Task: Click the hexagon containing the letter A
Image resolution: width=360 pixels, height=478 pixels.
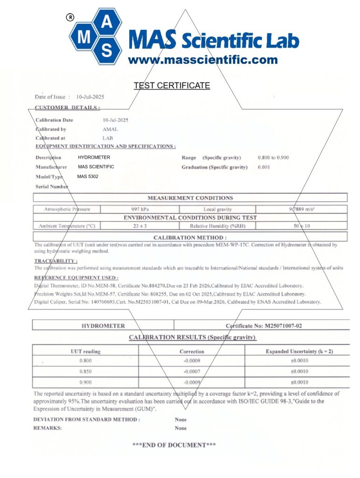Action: click(107, 21)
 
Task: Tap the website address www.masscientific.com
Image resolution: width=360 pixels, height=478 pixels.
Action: click(203, 60)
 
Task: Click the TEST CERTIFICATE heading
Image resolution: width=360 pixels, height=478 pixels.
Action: click(172, 86)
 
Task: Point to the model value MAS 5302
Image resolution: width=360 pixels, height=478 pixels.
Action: click(88, 176)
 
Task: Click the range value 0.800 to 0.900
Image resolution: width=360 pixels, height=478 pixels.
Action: click(273, 158)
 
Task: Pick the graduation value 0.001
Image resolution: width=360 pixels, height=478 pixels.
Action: click(264, 167)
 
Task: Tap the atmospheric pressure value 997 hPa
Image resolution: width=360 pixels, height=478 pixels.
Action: click(139, 209)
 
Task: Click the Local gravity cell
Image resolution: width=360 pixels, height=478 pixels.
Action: click(217, 209)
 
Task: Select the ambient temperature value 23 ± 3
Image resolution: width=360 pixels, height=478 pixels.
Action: click(139, 226)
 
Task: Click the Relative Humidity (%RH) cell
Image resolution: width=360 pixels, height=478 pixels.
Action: click(217, 226)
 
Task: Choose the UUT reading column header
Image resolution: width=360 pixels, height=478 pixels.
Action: click(85, 351)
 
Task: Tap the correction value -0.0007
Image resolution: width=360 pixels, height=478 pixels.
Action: click(192, 372)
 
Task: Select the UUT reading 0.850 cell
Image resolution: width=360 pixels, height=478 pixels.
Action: click(85, 372)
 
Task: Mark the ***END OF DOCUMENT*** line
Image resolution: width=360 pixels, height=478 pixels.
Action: click(174, 445)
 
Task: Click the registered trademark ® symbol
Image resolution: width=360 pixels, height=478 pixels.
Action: click(70, 17)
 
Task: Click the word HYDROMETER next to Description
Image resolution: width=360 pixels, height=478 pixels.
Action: click(94, 158)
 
